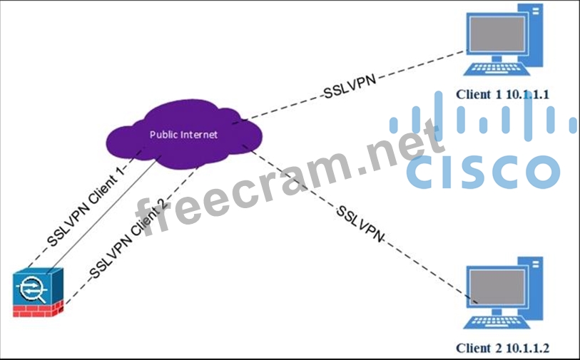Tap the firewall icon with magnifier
tap(38, 292)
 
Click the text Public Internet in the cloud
tap(183, 134)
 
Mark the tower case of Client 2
tap(536, 289)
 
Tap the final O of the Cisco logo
tap(539, 173)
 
